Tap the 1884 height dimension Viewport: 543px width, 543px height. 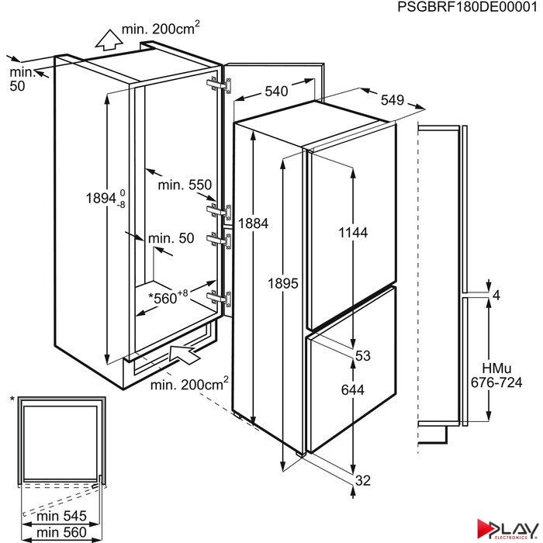(x=253, y=223)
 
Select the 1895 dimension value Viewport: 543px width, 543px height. (x=283, y=283)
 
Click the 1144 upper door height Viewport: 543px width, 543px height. (x=353, y=233)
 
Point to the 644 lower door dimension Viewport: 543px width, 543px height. (x=352, y=390)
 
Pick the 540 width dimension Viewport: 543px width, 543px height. (x=276, y=91)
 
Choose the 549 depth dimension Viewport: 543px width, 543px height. (x=393, y=100)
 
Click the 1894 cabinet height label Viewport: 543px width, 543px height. (x=105, y=199)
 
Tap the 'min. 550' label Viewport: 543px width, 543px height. (x=185, y=185)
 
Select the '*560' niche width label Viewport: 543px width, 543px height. (x=168, y=297)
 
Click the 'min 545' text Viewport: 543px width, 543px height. (x=61, y=516)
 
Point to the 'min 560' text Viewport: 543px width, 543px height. (x=61, y=532)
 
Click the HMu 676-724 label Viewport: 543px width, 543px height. (x=496, y=375)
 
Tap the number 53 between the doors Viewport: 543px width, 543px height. (x=363, y=355)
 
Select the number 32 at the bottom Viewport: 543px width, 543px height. (x=363, y=480)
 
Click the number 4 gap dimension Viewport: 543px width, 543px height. (x=496, y=296)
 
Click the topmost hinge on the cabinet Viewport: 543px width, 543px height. (x=220, y=85)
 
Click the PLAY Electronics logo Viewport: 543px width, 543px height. (x=507, y=530)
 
